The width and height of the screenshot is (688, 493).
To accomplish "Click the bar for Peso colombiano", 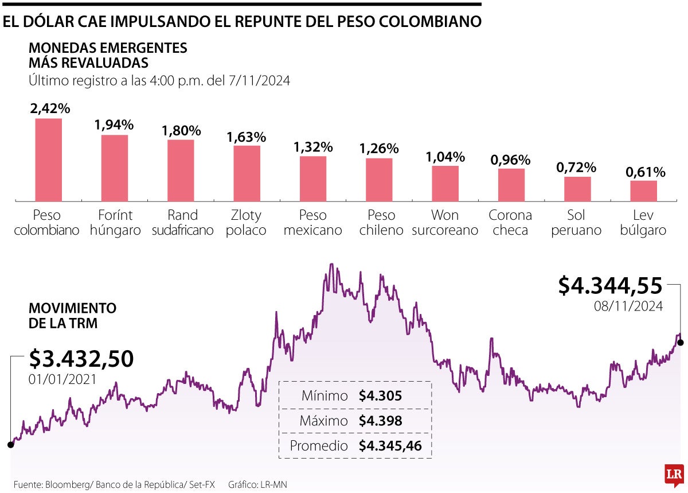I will [48, 160].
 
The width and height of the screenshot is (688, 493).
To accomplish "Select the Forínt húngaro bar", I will [115, 168].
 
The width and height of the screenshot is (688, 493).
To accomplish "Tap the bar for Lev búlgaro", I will [643, 191].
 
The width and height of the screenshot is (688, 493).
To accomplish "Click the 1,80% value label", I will [181, 131].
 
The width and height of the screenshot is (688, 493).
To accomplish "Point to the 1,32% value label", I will [313, 147].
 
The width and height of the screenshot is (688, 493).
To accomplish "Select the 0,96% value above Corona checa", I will [511, 160].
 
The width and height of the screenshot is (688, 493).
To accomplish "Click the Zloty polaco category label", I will [247, 223].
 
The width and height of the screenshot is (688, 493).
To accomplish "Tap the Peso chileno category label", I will [381, 223].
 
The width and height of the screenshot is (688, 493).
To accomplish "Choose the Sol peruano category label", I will [577, 223].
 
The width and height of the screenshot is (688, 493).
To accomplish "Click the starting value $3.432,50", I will [81, 359].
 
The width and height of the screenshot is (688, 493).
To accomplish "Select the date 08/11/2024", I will [628, 306].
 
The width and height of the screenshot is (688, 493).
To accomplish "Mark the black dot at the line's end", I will [681, 343].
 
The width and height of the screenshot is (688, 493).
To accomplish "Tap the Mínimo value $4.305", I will [380, 396].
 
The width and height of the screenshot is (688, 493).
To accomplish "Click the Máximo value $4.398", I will [380, 421].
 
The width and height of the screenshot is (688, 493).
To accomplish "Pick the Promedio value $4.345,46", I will [390, 445].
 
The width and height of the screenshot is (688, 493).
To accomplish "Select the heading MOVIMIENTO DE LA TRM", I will [72, 316].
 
